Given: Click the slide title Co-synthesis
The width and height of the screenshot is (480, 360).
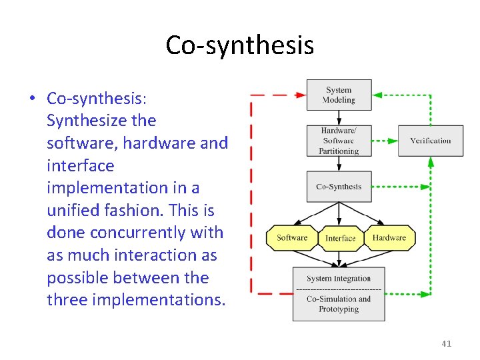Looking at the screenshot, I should point(239,45).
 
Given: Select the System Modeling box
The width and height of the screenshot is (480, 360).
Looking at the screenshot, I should point(339,95).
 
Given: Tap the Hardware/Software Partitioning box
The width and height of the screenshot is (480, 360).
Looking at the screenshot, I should point(339,141).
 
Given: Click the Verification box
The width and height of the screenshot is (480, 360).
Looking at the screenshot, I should point(431,141).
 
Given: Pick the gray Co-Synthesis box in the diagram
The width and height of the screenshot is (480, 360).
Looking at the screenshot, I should point(339,187).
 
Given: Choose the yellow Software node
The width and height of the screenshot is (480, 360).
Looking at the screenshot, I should point(292,238).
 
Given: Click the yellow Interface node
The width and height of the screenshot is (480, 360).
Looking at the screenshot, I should point(341,238).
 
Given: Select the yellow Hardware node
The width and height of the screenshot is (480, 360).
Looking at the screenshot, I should point(389,238).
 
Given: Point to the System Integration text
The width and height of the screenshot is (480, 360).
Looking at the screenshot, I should point(339,279).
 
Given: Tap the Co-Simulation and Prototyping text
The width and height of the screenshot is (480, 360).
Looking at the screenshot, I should point(339,304).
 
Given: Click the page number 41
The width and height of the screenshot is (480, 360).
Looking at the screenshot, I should point(446,343).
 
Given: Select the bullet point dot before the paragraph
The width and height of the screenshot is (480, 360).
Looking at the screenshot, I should point(31,99).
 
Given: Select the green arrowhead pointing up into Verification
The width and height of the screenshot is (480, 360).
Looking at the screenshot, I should point(431,162).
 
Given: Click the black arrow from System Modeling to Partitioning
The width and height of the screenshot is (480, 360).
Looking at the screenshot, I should point(339,117).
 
